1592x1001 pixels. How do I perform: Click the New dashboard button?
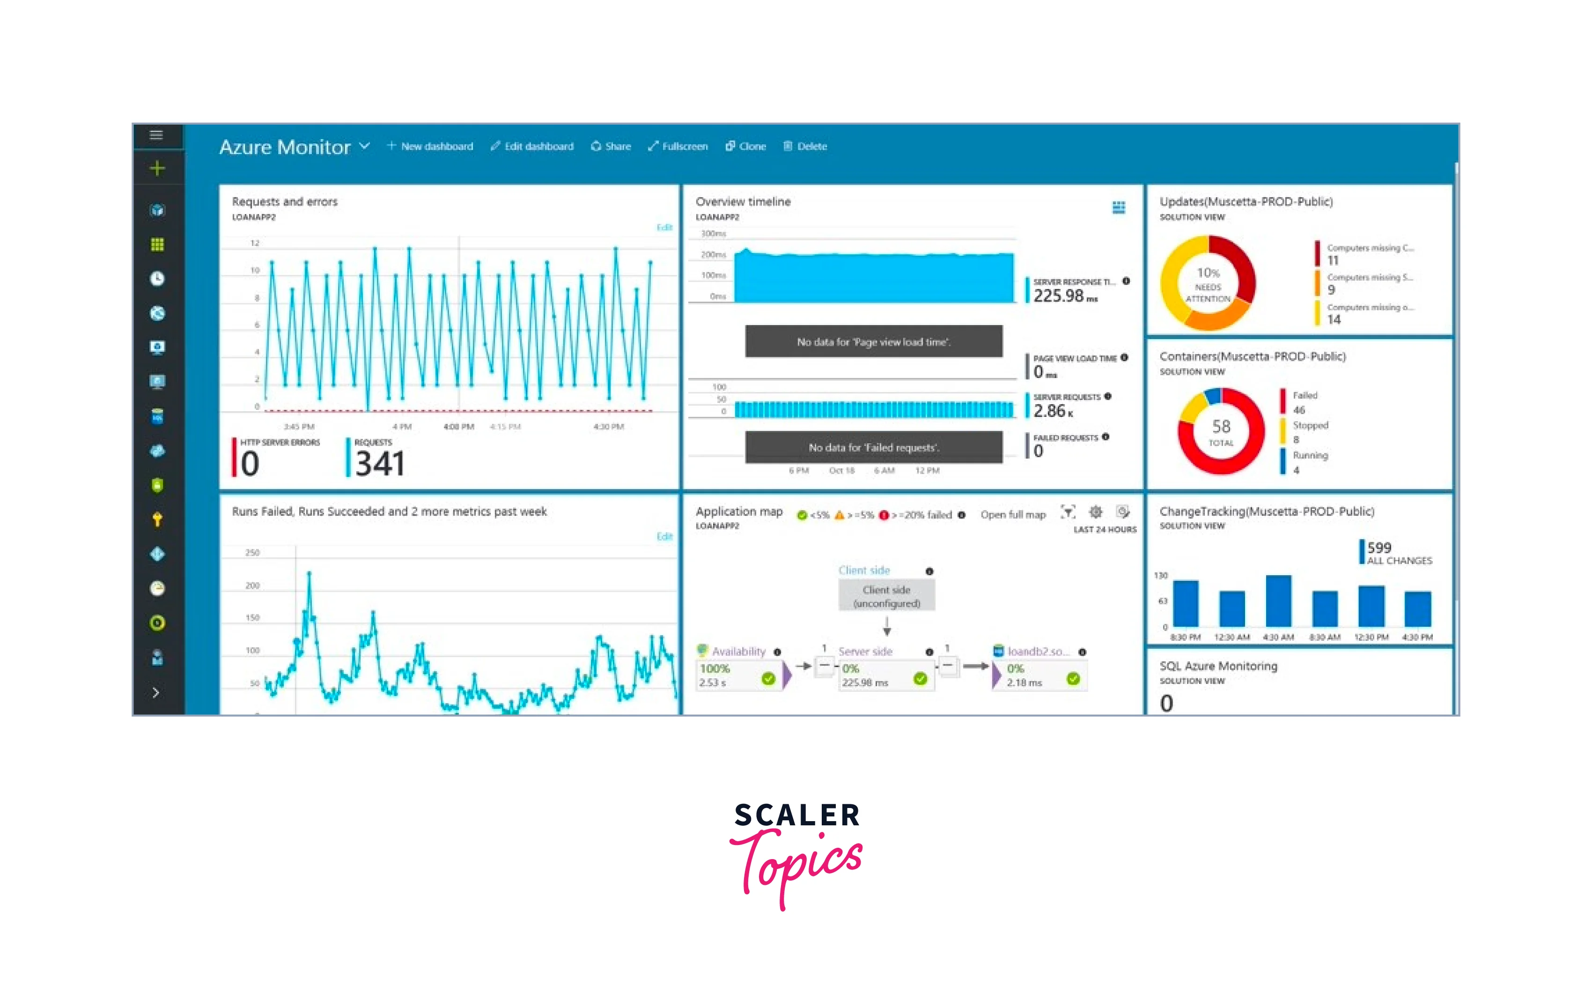tap(430, 146)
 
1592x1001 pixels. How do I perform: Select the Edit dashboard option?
tap(532, 146)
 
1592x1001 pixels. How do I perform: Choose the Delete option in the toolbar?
tap(805, 146)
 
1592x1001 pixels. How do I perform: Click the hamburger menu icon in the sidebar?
tap(157, 135)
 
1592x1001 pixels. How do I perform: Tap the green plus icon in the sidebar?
tap(157, 169)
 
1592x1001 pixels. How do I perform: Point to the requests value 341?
tap(379, 463)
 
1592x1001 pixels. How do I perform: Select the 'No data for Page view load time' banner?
tap(873, 341)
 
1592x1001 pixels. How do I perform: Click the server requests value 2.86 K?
tap(1050, 411)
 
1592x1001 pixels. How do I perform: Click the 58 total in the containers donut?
tap(1221, 430)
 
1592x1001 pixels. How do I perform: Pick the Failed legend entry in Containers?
tap(1305, 396)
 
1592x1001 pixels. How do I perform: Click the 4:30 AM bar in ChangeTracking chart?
tap(1278, 601)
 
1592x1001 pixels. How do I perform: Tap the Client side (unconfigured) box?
tap(886, 596)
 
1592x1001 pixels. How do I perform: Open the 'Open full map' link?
tap(1013, 515)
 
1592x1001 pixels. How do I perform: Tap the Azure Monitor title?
tap(285, 147)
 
